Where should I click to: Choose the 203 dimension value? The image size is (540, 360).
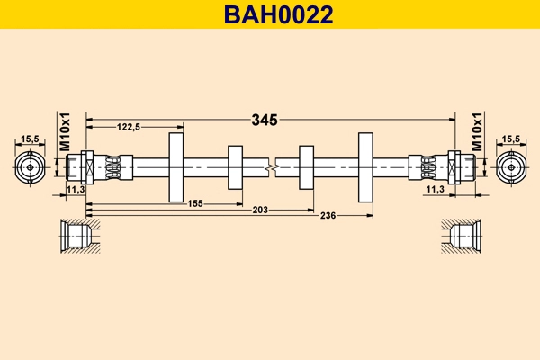tap(260, 211)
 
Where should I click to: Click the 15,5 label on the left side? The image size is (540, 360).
tap(30, 139)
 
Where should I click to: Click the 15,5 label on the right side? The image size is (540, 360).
tap(511, 139)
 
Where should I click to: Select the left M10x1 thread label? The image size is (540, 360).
tap(64, 132)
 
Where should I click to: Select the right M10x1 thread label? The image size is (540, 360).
tap(477, 132)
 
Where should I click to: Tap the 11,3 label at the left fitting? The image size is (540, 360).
tap(76, 190)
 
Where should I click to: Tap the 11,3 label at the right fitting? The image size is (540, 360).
tap(435, 190)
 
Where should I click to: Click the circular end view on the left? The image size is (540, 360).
tap(30, 167)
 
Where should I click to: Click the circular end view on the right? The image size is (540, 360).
tap(511, 167)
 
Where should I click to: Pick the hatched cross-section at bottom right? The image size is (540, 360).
tap(461, 236)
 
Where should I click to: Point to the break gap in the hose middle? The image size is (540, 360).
tap(272, 167)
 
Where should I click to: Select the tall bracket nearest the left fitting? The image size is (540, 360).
tap(175, 167)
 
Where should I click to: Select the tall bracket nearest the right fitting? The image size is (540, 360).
tap(365, 167)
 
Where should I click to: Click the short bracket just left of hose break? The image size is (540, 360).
tap(236, 167)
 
